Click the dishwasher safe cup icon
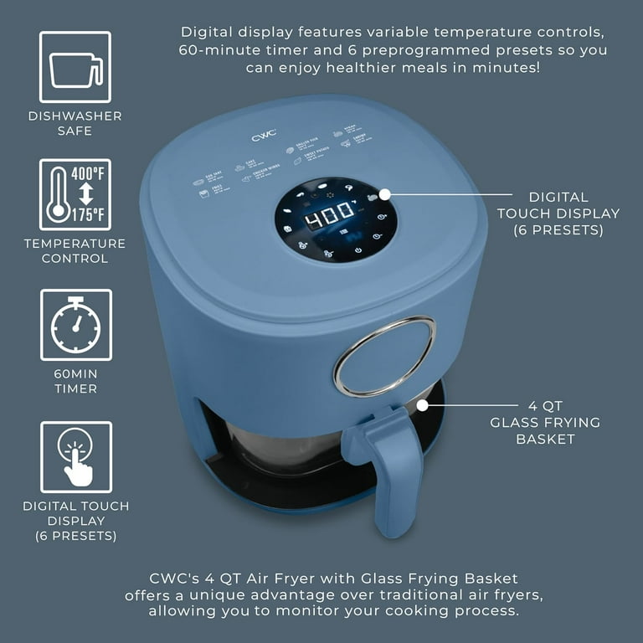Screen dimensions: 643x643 (75, 67)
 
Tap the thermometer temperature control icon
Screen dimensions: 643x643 (75, 194)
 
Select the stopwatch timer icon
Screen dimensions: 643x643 (75, 325)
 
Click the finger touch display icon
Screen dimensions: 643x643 (75, 456)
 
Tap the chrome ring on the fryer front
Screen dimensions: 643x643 (384, 356)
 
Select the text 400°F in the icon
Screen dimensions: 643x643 (88, 174)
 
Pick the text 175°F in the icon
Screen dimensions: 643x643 (88, 214)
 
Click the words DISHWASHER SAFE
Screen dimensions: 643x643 (75, 123)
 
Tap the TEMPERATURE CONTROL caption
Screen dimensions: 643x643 (75, 250)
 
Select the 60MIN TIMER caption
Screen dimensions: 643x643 (75, 381)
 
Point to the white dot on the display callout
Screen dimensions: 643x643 (384, 193)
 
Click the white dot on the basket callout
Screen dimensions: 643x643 (423, 406)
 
